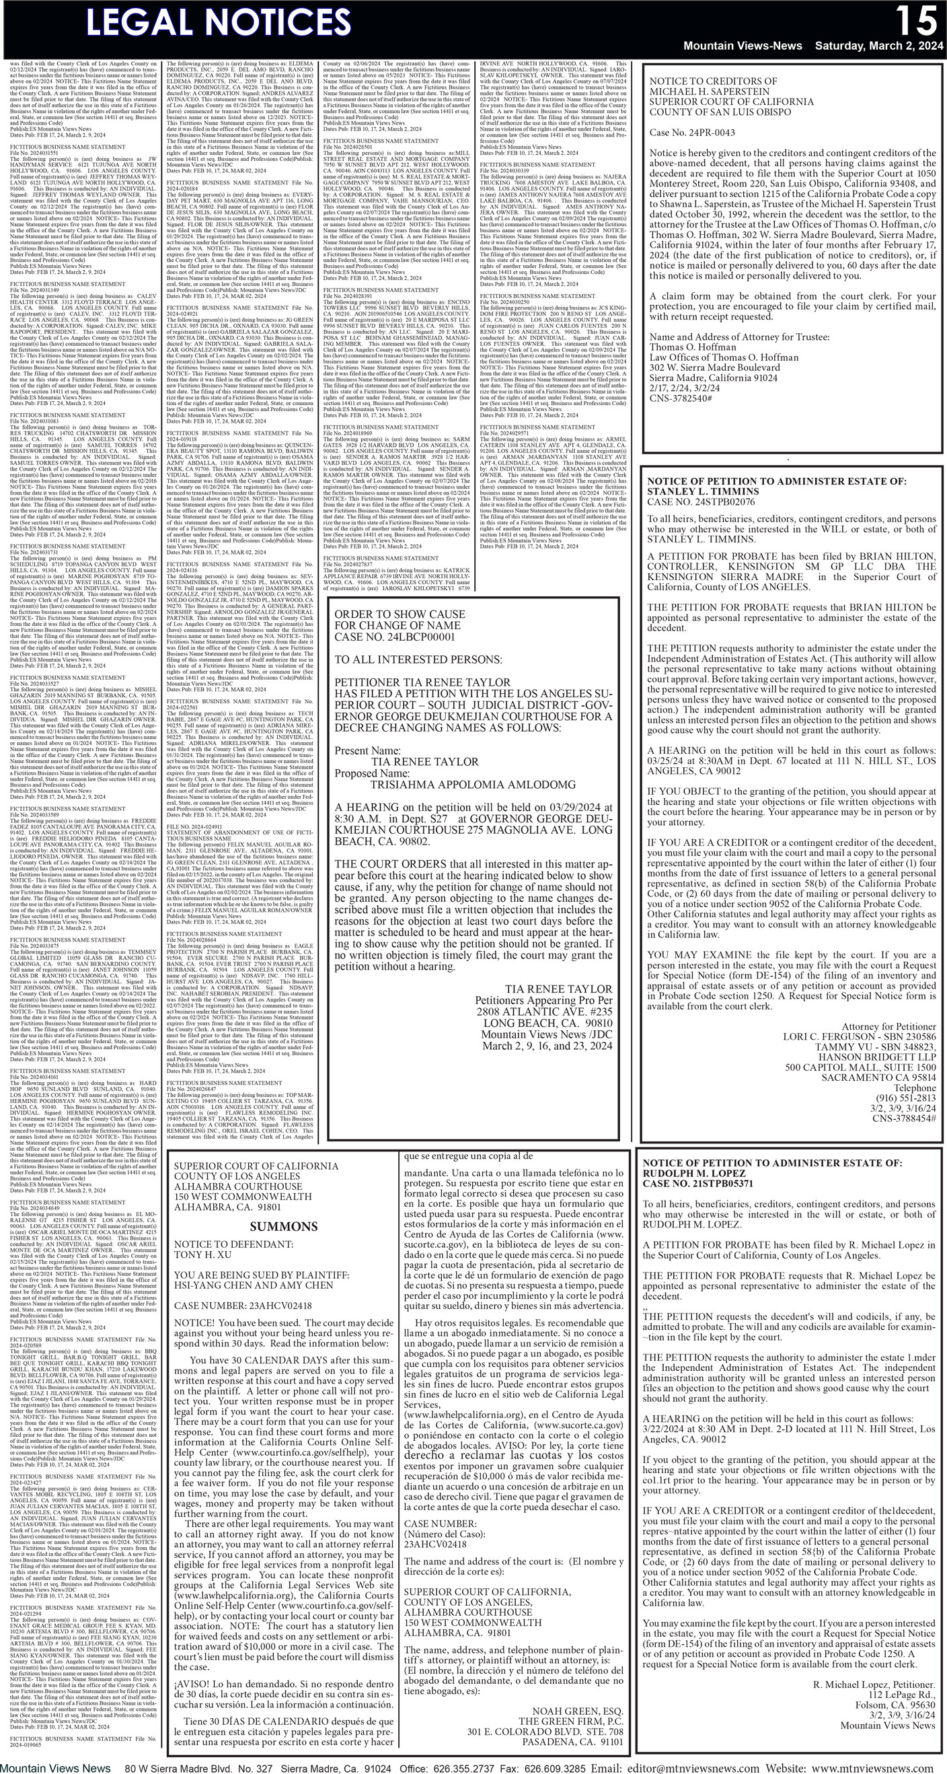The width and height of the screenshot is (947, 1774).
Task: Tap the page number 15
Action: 916,21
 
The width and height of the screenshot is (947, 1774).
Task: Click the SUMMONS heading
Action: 284,1226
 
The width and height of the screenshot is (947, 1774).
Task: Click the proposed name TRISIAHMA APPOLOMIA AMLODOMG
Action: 473,784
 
